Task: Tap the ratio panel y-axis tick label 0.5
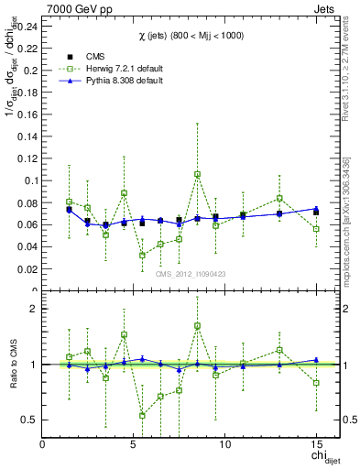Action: (x=29, y=420)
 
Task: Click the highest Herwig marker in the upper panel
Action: (x=197, y=174)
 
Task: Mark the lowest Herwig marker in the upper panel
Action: (x=142, y=255)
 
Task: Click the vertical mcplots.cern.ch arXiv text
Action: (x=349, y=229)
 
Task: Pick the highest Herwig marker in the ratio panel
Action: (x=197, y=325)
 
